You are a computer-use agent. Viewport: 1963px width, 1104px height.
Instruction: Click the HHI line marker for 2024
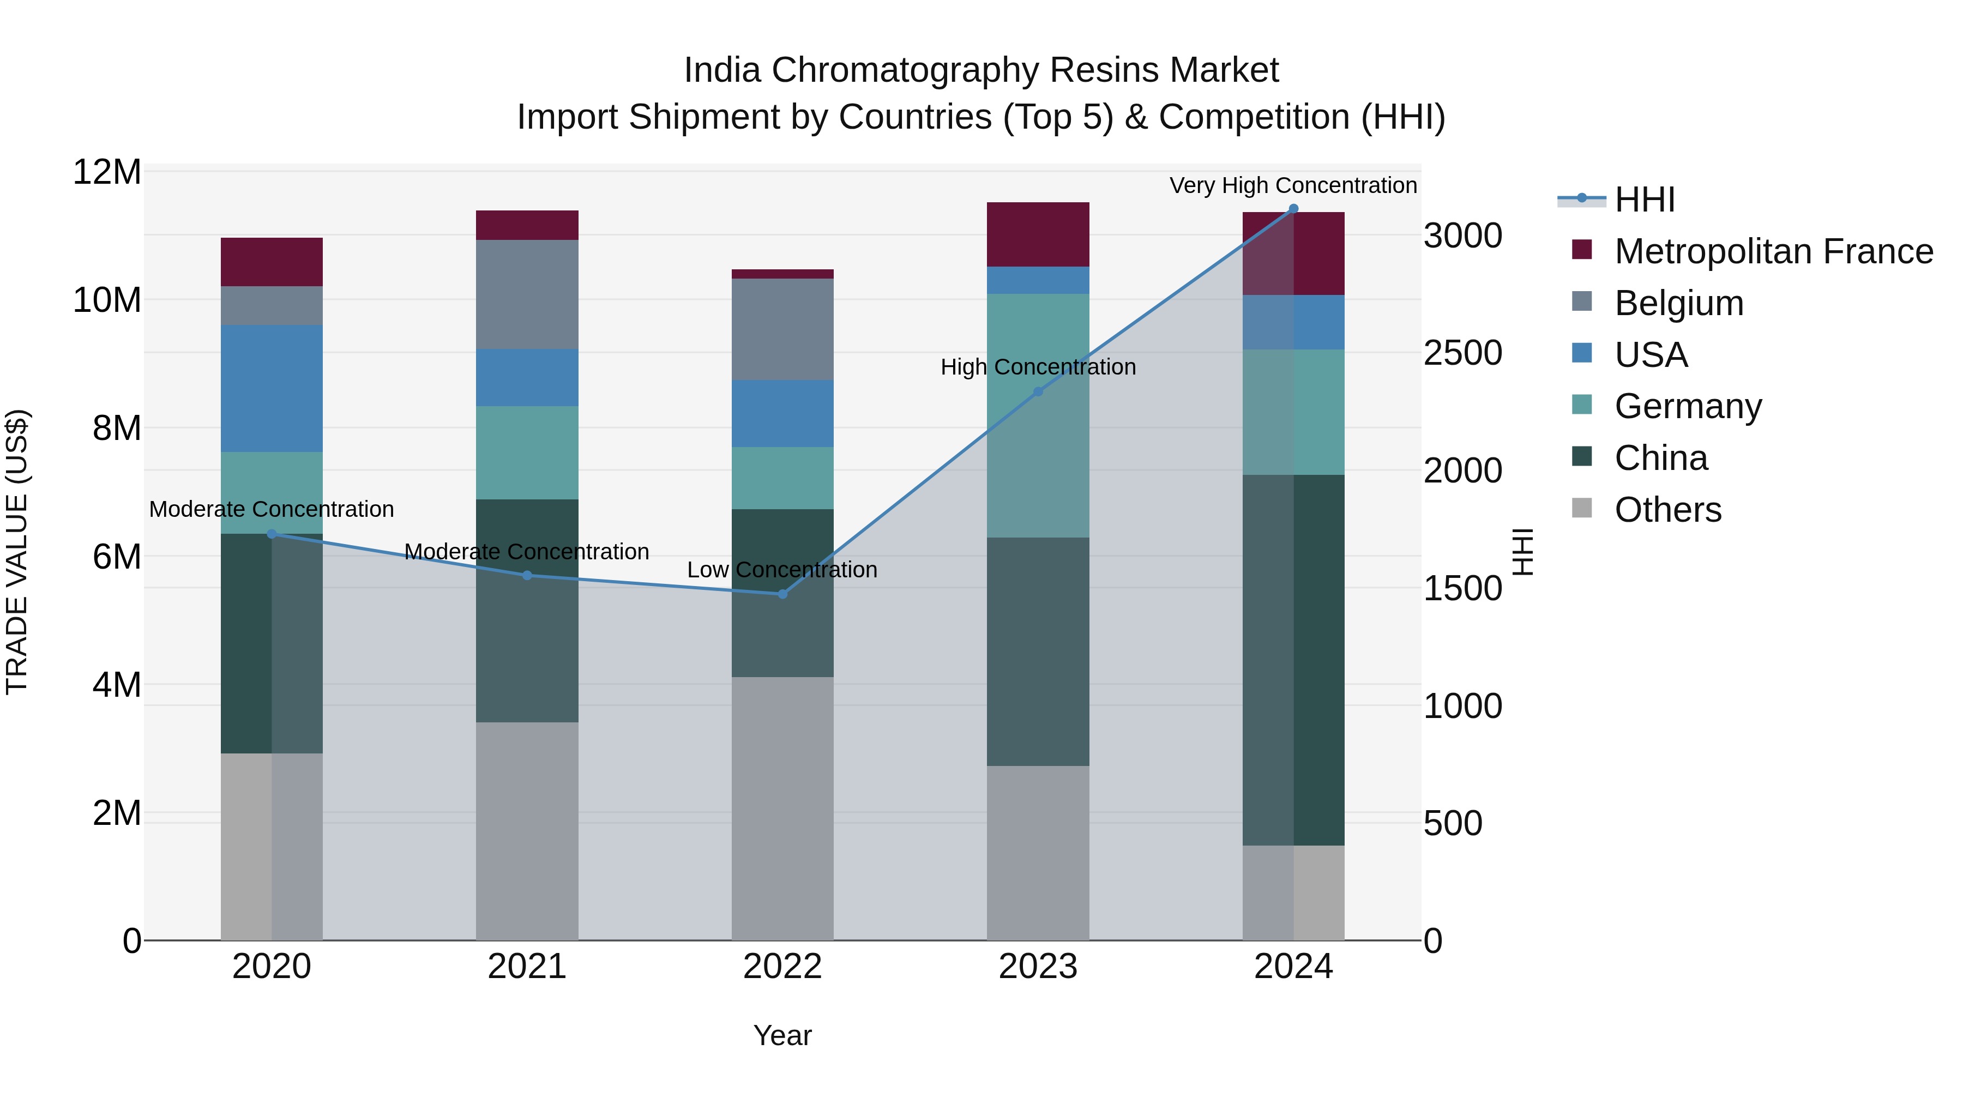pos(1293,209)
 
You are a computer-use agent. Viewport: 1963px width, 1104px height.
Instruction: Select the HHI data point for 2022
pos(782,594)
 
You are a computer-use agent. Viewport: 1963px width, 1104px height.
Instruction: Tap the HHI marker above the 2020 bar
pos(272,534)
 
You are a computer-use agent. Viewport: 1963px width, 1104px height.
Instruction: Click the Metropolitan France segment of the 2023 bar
pos(1038,234)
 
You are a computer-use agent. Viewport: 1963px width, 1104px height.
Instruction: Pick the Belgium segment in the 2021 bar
pos(527,295)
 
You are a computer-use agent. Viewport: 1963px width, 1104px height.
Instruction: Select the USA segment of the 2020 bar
pos(272,389)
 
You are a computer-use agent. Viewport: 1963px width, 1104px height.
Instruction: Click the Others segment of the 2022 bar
pos(782,807)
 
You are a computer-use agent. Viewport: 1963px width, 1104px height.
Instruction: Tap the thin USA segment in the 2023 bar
pos(1038,280)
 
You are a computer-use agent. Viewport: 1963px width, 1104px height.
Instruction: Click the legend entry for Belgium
pos(1679,303)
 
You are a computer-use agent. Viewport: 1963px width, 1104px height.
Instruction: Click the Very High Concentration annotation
pos(1293,185)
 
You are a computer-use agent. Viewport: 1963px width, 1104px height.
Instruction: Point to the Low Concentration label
pos(782,570)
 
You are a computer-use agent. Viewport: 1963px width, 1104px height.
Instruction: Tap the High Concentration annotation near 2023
pos(1038,367)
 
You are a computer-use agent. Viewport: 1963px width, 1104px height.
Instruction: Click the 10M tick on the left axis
pos(107,300)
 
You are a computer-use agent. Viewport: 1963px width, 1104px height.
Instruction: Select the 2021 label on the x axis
pos(527,967)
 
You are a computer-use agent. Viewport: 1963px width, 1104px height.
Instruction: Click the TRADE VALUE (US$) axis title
pos(17,552)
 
